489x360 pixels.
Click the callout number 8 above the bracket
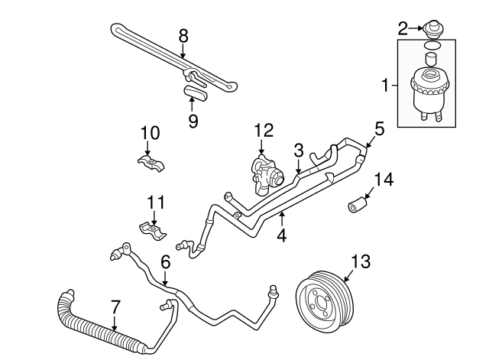point(183,35)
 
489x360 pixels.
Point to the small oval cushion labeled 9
point(194,93)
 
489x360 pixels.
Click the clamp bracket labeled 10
point(151,164)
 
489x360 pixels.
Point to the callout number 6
point(164,261)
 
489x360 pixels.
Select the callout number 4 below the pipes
point(281,236)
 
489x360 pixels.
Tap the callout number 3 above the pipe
point(299,148)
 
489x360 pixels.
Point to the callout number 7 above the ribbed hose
point(115,306)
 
